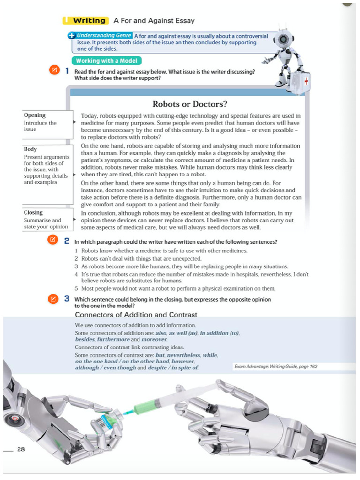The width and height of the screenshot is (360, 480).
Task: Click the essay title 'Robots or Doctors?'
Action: (187, 104)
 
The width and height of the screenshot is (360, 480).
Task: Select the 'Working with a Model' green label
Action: (106, 61)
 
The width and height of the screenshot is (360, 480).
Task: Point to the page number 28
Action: (21, 450)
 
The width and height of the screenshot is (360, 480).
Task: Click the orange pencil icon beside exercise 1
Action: (54, 71)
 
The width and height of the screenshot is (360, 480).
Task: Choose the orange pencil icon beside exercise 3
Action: (54, 298)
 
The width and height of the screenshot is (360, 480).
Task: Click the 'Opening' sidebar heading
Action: (35, 115)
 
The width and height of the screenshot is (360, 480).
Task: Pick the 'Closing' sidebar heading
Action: (33, 212)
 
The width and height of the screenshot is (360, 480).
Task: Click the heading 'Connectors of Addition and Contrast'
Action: (136, 315)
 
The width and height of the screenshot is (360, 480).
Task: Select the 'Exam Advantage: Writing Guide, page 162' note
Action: (275, 366)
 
